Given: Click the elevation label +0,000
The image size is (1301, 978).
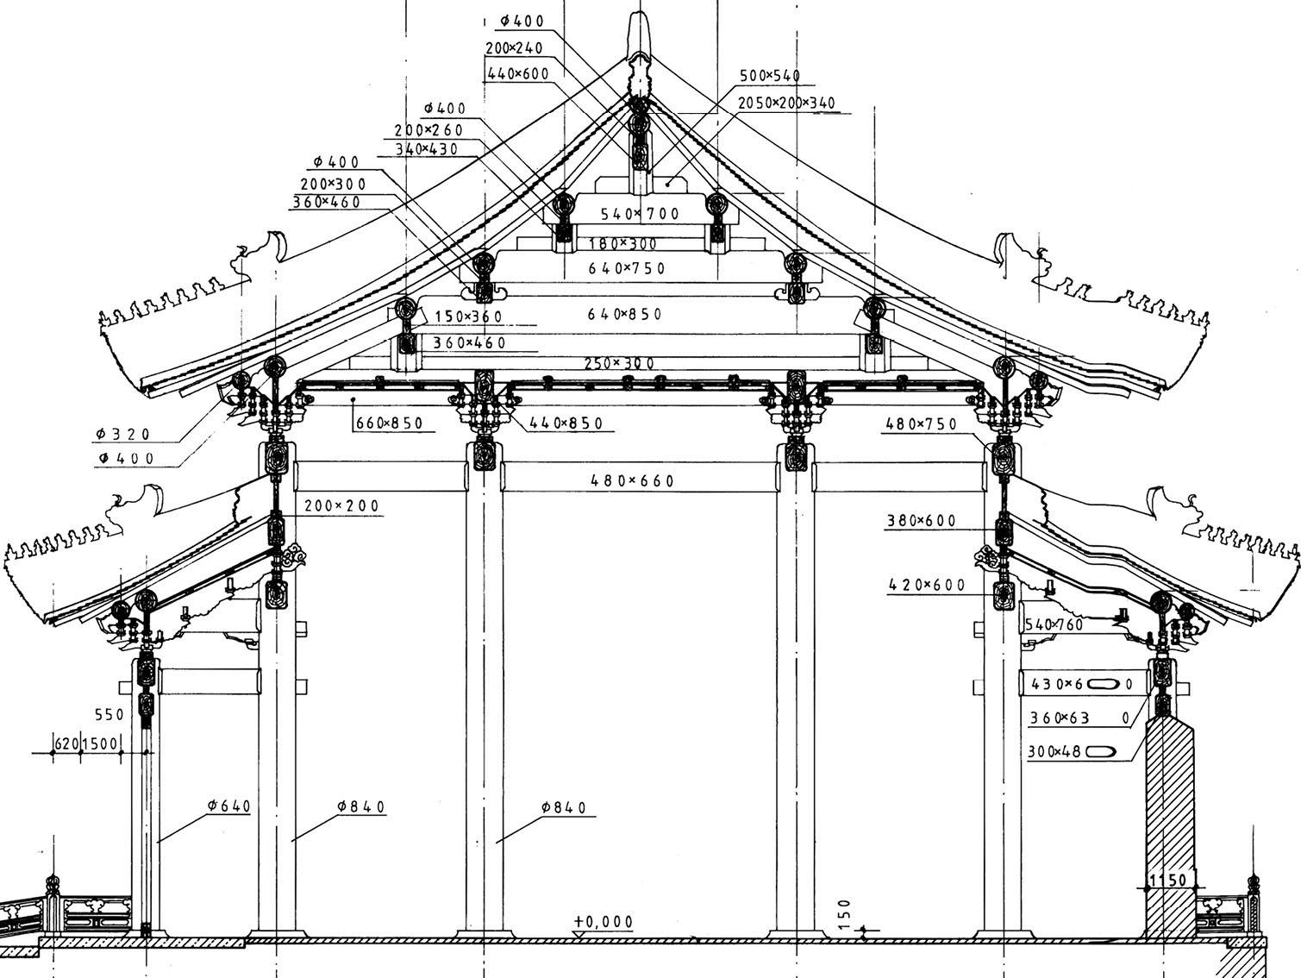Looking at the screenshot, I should point(604,921).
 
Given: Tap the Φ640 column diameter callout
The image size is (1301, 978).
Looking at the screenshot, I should point(228,806).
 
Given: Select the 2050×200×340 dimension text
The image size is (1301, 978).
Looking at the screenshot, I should point(786,103).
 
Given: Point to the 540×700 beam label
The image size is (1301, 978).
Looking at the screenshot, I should point(640,213).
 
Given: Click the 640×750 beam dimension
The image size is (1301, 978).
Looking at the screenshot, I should point(627,268).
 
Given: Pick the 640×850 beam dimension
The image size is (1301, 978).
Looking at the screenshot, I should point(625,314).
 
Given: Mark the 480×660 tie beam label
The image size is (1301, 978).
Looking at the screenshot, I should point(632,480).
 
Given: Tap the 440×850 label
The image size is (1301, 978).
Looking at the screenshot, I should point(566,423).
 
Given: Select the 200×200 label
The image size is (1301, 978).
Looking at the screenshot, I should point(341,505).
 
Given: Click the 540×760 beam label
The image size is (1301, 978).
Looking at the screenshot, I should point(1054,624).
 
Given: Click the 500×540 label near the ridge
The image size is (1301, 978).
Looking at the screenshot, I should point(770,76).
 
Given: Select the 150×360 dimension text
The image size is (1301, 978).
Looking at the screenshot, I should point(467,317).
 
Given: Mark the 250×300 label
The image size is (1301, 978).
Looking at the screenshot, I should point(619,364).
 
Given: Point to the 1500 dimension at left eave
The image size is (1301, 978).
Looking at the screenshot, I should point(100,743).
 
